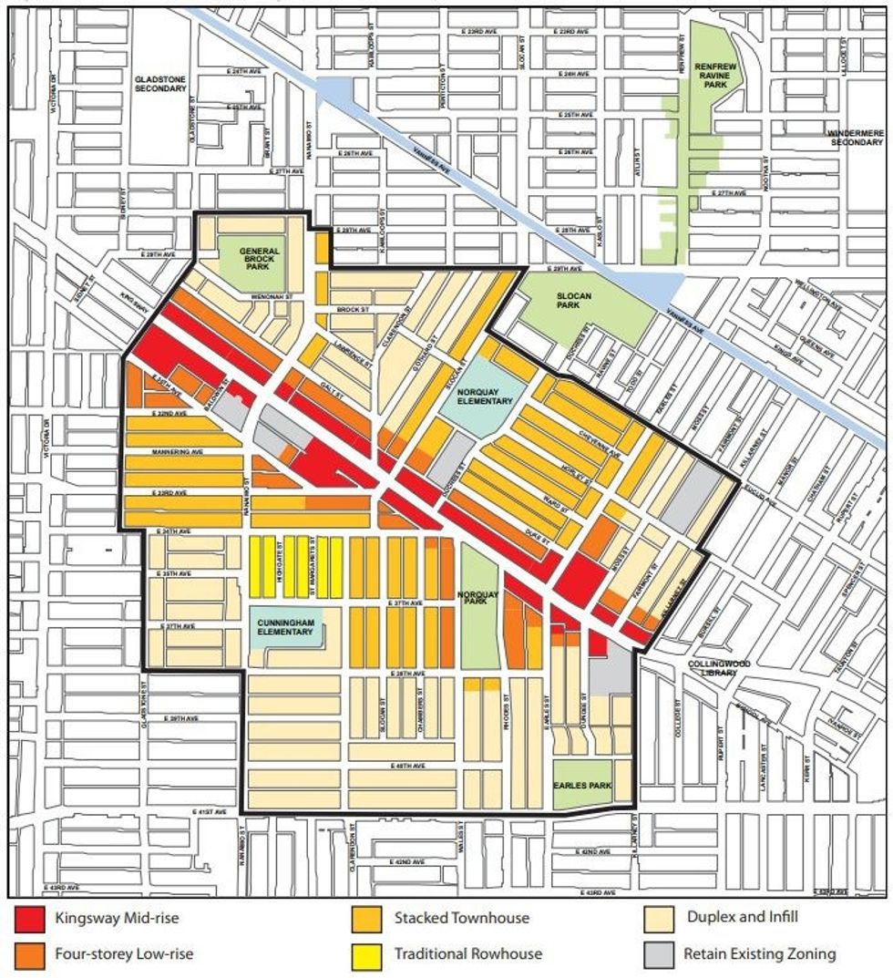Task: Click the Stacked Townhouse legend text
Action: [461, 918]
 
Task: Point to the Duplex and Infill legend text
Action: [741, 918]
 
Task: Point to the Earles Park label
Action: [582, 786]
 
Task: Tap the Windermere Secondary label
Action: [856, 139]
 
